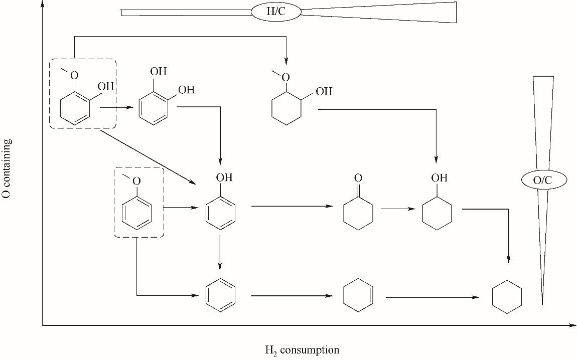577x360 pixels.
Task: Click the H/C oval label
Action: [275, 12]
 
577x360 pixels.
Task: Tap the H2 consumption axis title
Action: [302, 350]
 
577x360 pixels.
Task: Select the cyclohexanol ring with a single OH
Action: [437, 214]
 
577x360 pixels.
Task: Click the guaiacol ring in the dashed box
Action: [75, 107]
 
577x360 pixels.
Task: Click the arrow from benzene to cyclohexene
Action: [292, 296]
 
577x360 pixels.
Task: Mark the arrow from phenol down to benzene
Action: [220, 253]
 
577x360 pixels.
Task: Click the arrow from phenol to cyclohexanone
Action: [292, 206]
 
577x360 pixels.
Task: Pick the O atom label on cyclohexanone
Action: [358, 178]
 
